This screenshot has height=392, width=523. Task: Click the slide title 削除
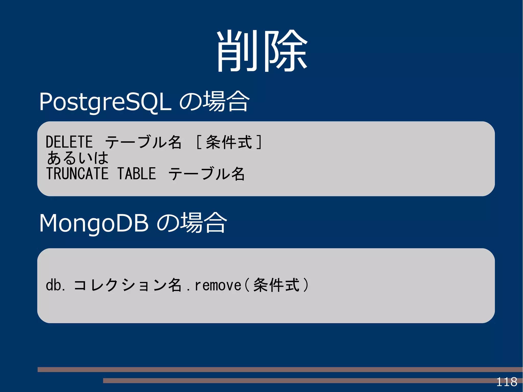[x=262, y=51]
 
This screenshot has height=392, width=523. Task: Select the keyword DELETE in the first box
[x=69, y=142]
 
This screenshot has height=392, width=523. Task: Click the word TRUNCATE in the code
[x=77, y=174]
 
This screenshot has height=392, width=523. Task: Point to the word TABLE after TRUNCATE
[x=137, y=174]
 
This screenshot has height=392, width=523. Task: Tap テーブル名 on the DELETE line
[x=143, y=142]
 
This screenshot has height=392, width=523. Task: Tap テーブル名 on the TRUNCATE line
[x=207, y=174]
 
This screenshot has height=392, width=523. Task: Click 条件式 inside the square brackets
[x=229, y=142]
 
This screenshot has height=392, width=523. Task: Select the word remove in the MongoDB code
[x=218, y=285]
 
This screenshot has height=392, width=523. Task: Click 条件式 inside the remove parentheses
[x=276, y=285]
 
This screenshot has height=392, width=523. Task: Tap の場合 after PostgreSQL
[x=215, y=102]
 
